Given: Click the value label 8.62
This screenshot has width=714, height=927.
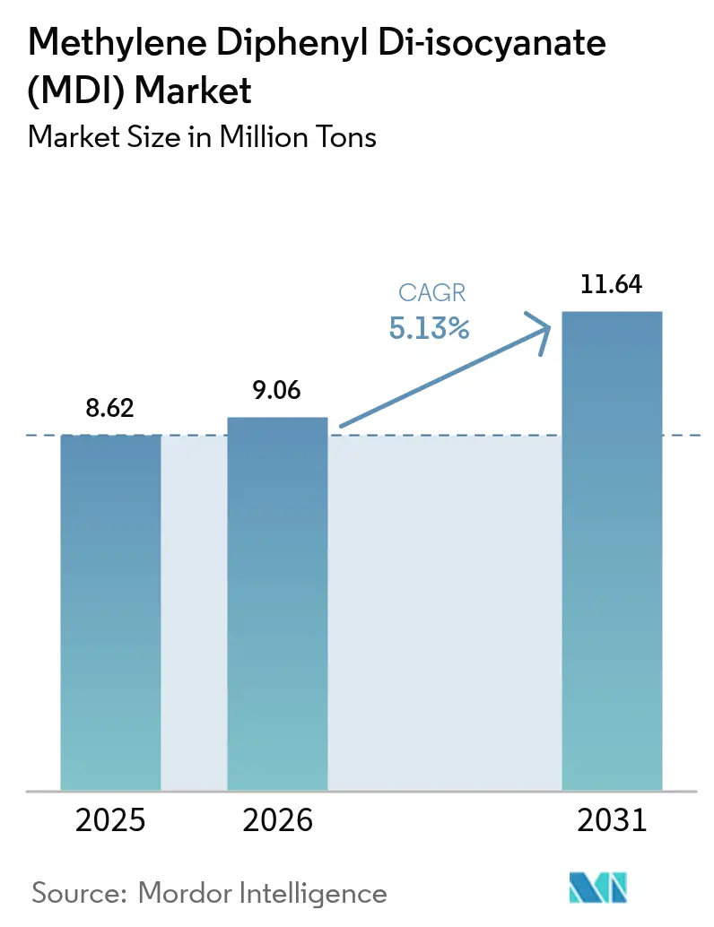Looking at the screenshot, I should click(110, 409).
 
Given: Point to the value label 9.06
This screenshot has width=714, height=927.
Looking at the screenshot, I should click(277, 391).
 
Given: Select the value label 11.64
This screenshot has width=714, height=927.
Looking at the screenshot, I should click(612, 285).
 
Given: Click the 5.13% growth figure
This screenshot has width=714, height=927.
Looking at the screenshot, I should click(429, 329).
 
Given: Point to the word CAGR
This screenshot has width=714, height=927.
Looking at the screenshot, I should click(429, 292).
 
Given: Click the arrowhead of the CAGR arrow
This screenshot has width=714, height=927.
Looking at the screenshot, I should click(541, 328).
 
